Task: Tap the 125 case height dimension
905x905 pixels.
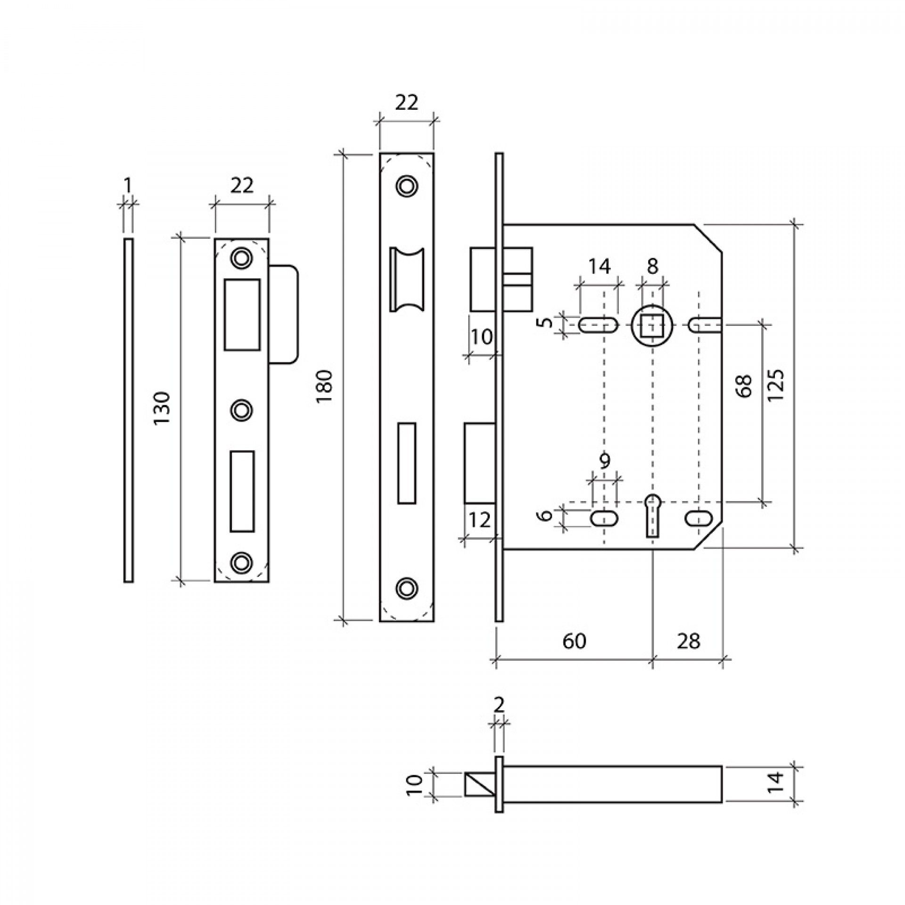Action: [x=775, y=385]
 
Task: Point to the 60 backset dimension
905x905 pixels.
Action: [x=575, y=642]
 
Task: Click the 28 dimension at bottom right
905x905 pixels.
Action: [x=689, y=642]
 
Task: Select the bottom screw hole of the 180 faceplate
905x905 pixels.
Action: [x=406, y=586]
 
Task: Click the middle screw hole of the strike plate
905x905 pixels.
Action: [x=241, y=410]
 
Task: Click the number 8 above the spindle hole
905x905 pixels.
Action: [x=652, y=267]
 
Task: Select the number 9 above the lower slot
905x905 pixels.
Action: [x=605, y=460]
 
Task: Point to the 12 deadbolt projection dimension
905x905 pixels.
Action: [x=480, y=520]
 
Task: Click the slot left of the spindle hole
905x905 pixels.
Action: [x=598, y=325]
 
